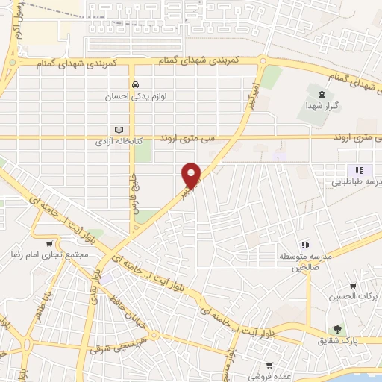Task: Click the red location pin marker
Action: (192, 175)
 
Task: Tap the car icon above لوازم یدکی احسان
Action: (134, 84)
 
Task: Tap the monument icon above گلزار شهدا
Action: (321, 94)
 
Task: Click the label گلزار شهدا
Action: (322, 106)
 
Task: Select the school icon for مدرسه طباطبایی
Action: (359, 170)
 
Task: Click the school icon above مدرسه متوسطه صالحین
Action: (304, 245)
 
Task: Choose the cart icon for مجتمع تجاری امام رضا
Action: (49, 243)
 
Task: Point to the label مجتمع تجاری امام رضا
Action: (50, 254)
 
